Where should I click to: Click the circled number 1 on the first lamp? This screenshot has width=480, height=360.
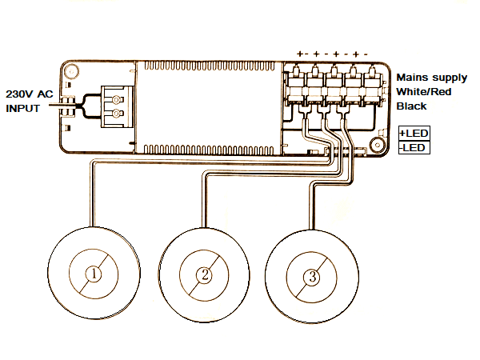tap(94, 274)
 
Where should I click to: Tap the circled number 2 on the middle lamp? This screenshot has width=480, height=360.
tap(205, 274)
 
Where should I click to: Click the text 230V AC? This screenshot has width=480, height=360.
tap(30, 93)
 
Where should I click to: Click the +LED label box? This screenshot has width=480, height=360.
tap(414, 133)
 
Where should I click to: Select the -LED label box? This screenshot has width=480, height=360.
tap(414, 147)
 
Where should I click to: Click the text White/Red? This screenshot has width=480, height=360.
tap(425, 92)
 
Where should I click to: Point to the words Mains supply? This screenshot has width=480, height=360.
tap(432, 78)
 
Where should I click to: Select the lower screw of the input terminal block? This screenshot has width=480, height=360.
tap(119, 114)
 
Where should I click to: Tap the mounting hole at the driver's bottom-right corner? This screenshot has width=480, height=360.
tap(374, 146)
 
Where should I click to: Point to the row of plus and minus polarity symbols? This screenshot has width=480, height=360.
tap(333, 54)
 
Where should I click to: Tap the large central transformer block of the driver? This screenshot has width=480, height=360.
tap(210, 107)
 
